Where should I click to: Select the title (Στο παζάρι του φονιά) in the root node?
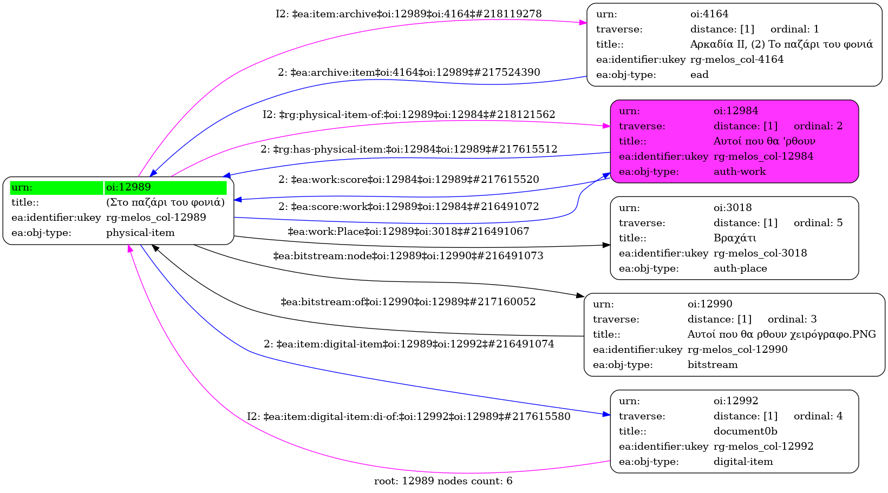pos(165,202)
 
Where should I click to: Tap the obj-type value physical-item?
pos(140,233)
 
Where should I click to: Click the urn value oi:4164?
pos(709,14)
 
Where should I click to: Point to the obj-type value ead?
pos(699,75)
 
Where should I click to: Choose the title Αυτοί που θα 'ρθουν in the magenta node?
pos(764,141)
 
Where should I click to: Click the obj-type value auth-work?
pos(740,172)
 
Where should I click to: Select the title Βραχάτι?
pos(735,238)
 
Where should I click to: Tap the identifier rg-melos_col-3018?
pos(760,253)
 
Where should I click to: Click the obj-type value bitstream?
pos(713,365)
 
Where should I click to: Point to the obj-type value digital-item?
pos(743,462)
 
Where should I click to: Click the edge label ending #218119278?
pos(409,14)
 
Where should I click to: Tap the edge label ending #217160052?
pos(408,302)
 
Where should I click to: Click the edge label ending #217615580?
pos(409,417)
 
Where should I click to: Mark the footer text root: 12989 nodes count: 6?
pos(443,481)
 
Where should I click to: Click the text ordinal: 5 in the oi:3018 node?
pos(818,223)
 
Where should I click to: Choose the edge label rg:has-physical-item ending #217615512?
pos(409,149)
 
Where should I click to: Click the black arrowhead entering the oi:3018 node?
pos(607,245)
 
